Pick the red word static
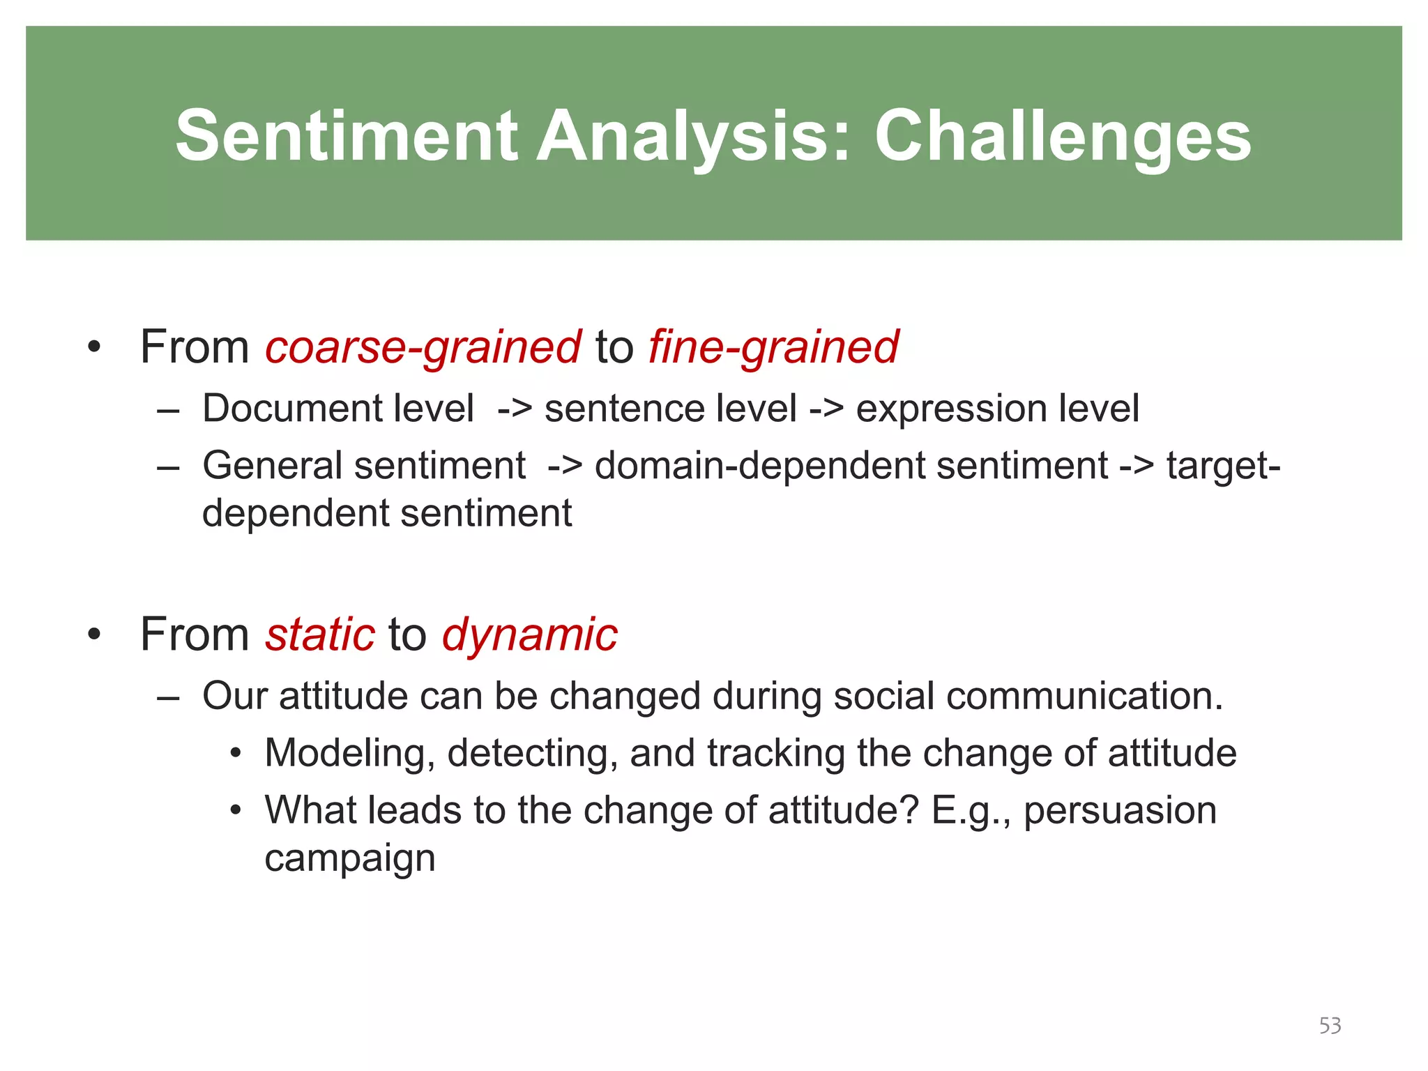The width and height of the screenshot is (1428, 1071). pos(320,635)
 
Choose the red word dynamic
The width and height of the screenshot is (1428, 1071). pos(529,635)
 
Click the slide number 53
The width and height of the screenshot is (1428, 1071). pos(1330,1026)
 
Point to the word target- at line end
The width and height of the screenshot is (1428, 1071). pos(1224,465)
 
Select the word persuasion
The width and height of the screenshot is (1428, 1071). pos(1120,810)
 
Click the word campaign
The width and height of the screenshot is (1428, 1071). pos(350,858)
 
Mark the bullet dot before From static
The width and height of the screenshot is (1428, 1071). pos(95,635)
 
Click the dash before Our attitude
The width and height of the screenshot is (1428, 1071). pos(169,696)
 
